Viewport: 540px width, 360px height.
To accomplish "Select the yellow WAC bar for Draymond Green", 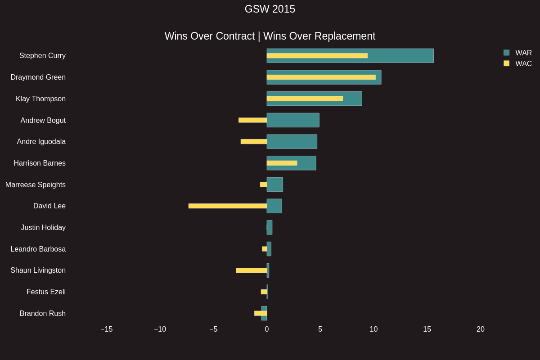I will click(x=321, y=77).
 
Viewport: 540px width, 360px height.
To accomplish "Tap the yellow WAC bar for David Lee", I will click(x=227, y=206).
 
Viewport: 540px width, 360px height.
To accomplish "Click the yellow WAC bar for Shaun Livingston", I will click(x=251, y=270).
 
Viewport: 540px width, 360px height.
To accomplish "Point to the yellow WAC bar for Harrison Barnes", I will click(x=282, y=163).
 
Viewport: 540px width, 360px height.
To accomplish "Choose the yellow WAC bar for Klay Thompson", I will click(x=305, y=99).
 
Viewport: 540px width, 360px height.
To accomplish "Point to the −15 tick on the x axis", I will click(x=107, y=329).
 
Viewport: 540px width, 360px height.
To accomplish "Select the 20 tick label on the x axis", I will click(x=481, y=329).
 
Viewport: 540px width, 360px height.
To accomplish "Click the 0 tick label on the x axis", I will click(x=267, y=329).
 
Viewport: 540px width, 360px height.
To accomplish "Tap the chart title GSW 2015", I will click(x=270, y=9).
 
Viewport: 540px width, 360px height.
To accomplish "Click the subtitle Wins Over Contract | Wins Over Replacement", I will click(x=270, y=36).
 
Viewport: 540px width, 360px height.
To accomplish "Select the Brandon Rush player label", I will click(x=43, y=314).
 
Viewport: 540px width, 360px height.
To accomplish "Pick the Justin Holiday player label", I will click(x=43, y=228).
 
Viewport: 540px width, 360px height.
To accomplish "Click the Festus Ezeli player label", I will click(x=46, y=292).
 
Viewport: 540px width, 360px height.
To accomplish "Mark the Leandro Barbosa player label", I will click(x=38, y=249).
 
